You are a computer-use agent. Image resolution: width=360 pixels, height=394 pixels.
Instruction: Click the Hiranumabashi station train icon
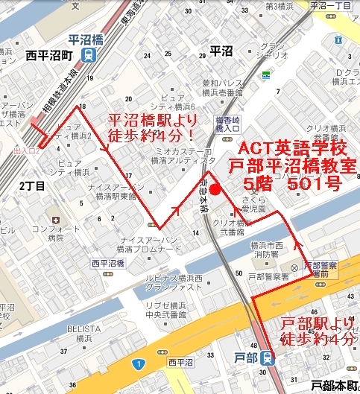point(89,55)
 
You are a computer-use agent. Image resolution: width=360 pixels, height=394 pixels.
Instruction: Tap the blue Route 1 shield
point(138,363)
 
